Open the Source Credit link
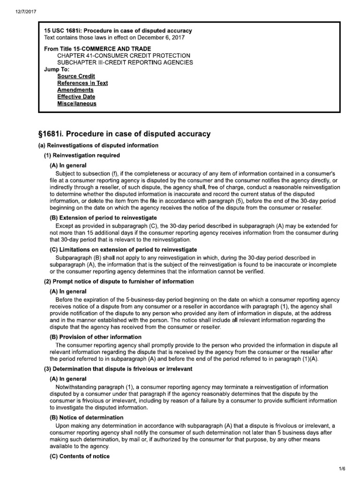pos(76,76)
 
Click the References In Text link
pos(82,83)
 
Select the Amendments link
pos(75,90)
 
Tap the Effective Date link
pos(76,97)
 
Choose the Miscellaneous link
pos(77,104)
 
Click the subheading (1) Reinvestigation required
pos(82,155)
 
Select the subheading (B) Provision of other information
pos(95,337)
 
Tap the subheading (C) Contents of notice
pos(80,456)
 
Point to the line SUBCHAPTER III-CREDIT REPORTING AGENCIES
pos(125,62)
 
